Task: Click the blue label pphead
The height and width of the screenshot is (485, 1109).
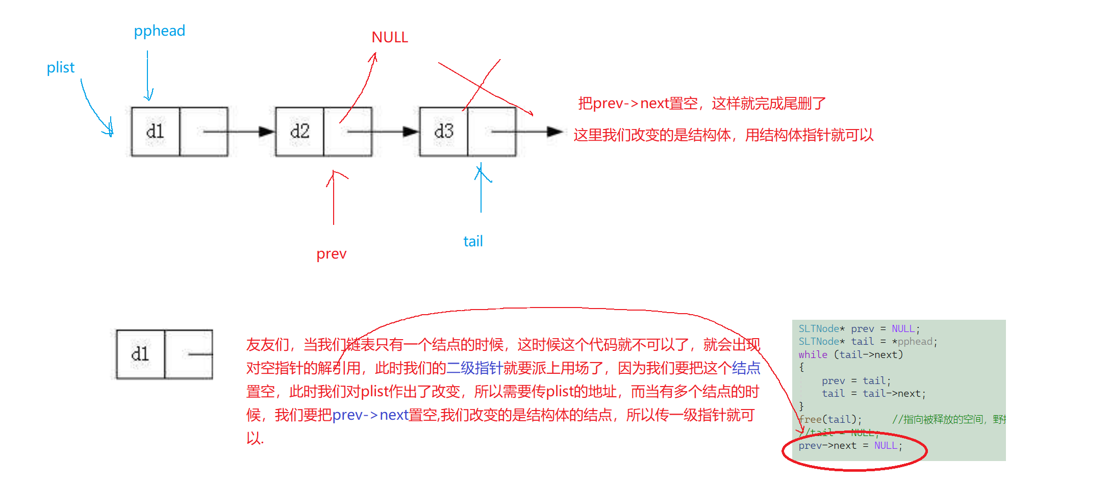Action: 159,31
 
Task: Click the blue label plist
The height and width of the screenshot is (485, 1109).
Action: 60,68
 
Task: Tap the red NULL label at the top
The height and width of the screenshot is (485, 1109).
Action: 390,38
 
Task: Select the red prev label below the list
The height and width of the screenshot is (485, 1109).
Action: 331,254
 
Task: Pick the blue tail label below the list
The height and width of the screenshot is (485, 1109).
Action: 473,242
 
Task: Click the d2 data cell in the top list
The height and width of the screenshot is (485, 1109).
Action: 299,132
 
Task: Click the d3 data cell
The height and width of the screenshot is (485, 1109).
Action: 443,132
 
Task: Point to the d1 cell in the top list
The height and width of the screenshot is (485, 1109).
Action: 155,132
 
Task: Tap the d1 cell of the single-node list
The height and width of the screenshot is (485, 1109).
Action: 140,354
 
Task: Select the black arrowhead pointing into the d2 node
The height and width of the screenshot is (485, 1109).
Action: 266,132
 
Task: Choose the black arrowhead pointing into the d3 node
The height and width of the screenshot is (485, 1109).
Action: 411,132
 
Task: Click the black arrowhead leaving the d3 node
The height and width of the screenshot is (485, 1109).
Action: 554,132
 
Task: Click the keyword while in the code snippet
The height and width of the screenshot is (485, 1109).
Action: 813,354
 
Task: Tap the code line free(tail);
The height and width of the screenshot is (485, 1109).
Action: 830,419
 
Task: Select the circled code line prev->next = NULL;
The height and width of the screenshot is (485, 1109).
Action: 850,446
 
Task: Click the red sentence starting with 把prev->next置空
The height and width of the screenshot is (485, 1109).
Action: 701,104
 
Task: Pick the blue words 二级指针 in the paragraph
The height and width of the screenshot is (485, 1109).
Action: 474,368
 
